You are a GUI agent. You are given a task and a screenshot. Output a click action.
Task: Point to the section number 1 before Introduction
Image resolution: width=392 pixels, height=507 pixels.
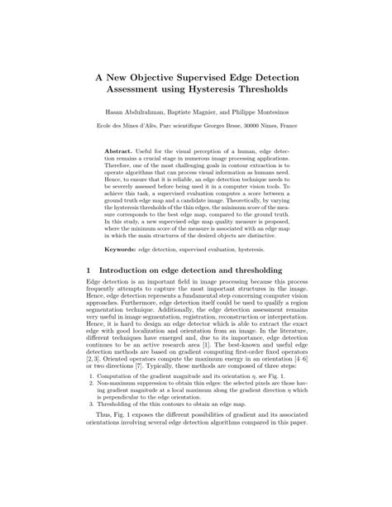pos(88,270)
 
